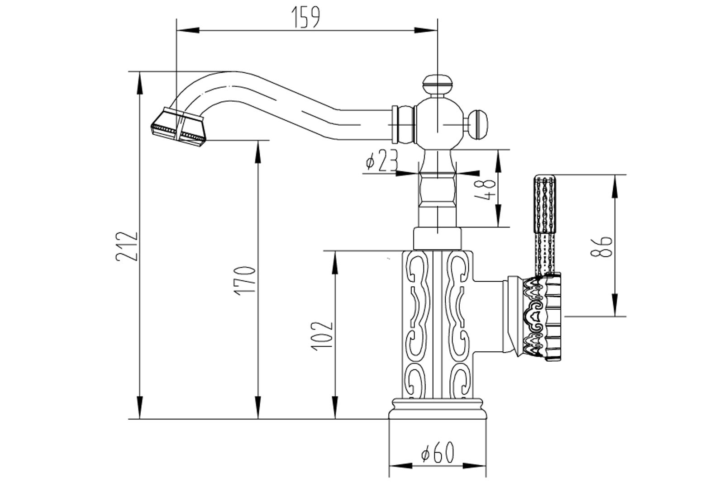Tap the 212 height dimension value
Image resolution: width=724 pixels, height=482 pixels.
(x=126, y=246)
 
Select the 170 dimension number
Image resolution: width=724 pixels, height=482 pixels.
(x=246, y=280)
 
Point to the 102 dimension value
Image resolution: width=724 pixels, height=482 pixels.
(x=322, y=335)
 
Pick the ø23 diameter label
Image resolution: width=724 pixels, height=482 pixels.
(x=381, y=161)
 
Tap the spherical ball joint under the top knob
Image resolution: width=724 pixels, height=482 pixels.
(x=438, y=123)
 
